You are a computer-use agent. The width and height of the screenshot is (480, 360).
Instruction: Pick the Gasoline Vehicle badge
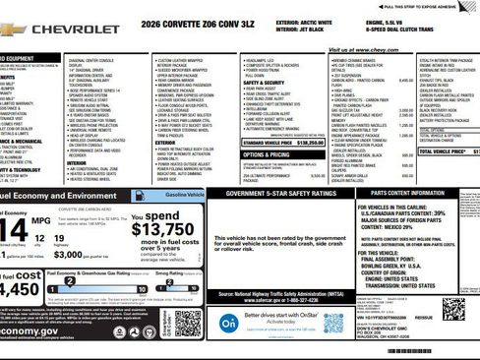pyautogui.click(x=185, y=196)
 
